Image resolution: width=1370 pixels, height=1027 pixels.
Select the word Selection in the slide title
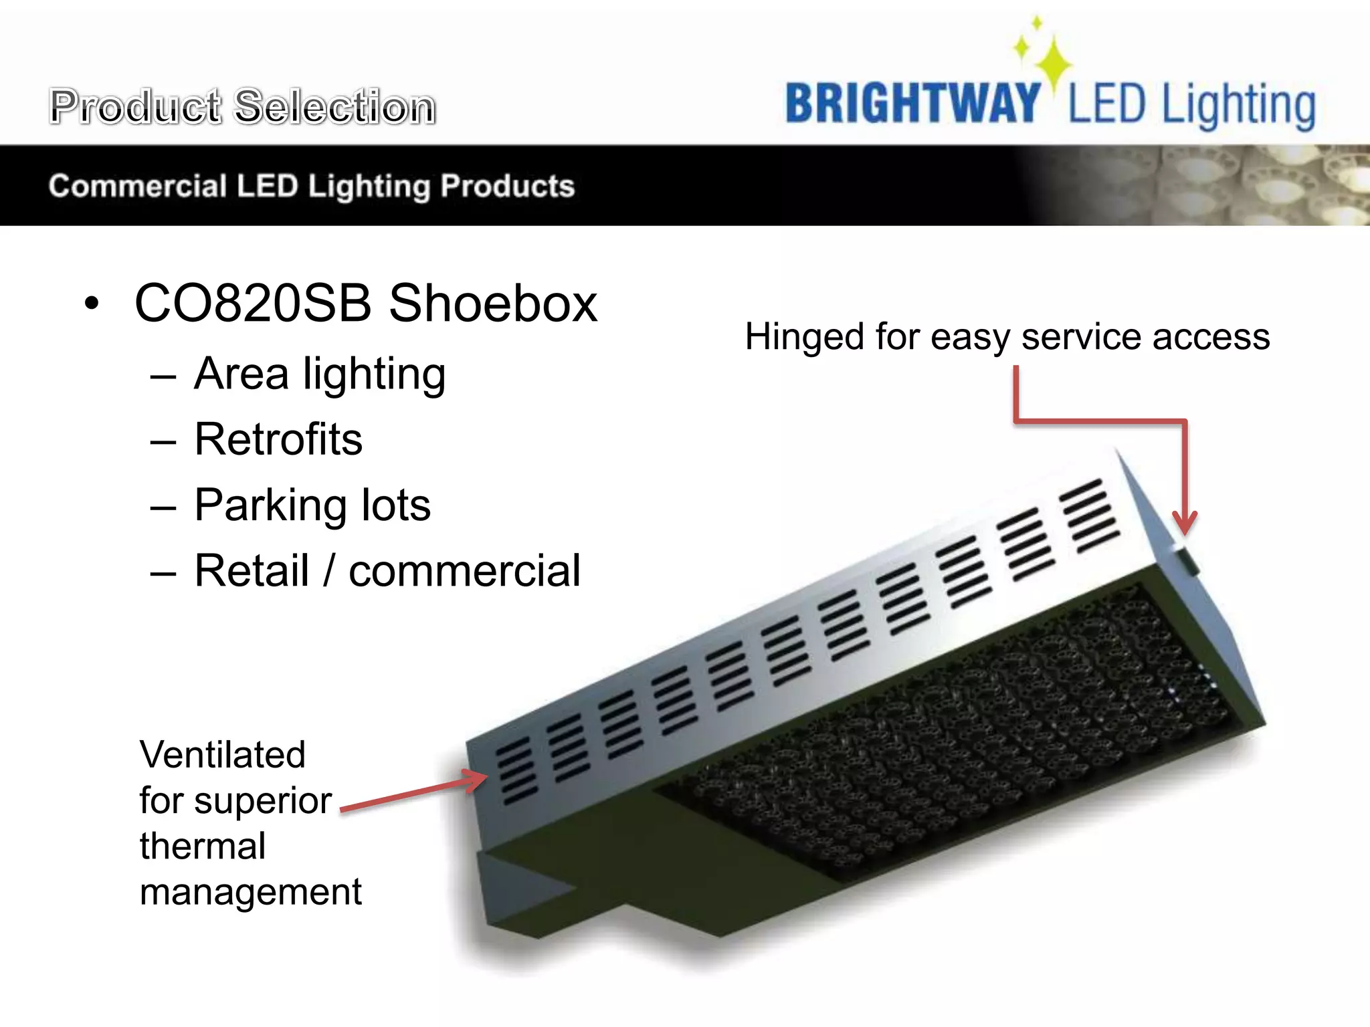pos(335,106)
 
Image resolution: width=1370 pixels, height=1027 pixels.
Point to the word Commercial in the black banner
pos(138,186)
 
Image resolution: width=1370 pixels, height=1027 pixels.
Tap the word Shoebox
pos(493,303)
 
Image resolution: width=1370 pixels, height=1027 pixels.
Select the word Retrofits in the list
pos(278,439)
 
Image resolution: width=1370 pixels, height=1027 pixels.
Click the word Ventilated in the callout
pos(222,755)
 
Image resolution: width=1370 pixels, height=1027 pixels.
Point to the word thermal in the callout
pos(203,846)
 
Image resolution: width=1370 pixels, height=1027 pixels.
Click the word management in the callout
pos(250,892)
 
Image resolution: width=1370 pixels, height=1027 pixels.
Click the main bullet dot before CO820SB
pos(92,304)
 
